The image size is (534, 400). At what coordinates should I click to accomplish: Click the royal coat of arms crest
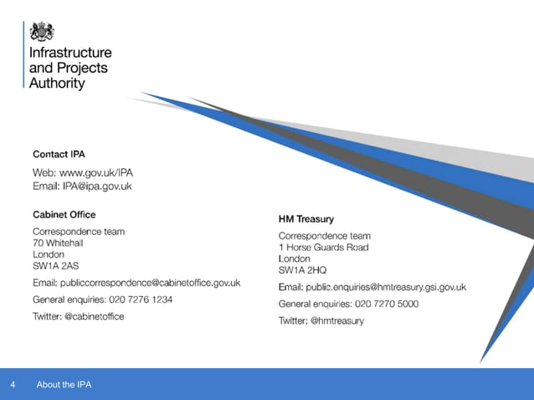click(41, 31)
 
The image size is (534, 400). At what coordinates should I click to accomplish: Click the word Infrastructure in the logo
click(70, 53)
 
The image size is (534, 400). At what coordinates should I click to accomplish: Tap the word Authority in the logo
click(57, 83)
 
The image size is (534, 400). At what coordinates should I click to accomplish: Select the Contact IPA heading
click(59, 154)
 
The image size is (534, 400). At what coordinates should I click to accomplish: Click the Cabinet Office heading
click(64, 214)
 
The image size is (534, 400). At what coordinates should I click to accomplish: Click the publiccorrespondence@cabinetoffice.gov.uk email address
click(160, 283)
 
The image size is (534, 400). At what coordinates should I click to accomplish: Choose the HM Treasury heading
click(306, 218)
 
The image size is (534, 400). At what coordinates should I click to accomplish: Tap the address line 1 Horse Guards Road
click(323, 248)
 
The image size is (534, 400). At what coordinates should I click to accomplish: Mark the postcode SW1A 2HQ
click(303, 270)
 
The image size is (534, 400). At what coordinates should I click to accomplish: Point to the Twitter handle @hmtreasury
click(338, 321)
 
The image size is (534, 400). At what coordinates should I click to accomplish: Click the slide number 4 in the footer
click(13, 385)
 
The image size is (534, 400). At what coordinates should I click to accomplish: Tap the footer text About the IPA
click(64, 385)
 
